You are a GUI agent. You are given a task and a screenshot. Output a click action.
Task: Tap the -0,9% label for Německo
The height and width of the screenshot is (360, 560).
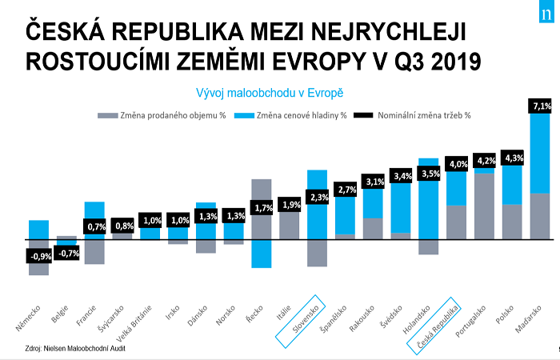[38, 256]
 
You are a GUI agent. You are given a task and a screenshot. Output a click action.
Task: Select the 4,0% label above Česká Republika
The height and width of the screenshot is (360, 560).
[458, 163]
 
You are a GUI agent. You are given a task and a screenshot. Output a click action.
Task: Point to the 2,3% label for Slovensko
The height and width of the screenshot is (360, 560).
[318, 197]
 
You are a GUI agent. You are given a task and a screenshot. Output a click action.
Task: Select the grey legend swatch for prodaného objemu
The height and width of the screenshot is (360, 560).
[107, 114]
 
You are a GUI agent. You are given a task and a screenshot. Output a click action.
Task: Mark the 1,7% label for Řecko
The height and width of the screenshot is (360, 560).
[262, 208]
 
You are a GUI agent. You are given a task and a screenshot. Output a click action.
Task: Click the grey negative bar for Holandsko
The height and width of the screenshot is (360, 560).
[429, 246]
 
